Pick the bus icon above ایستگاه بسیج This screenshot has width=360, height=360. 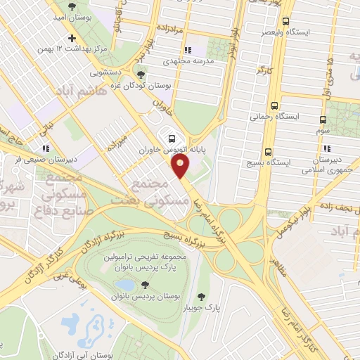267,152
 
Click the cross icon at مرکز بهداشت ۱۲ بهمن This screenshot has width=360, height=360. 71,38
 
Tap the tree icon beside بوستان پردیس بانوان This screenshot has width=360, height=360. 143,285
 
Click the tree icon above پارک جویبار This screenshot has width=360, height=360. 202,297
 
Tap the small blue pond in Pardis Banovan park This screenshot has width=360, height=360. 125,284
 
